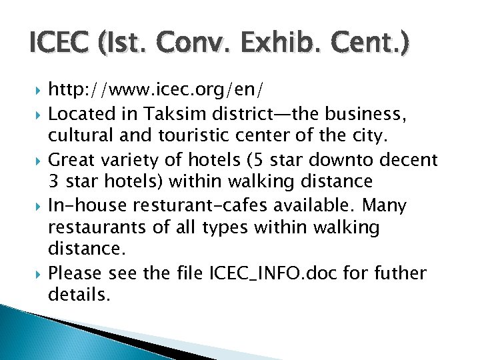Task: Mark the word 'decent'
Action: (x=413, y=160)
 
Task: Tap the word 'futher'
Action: (x=403, y=273)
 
